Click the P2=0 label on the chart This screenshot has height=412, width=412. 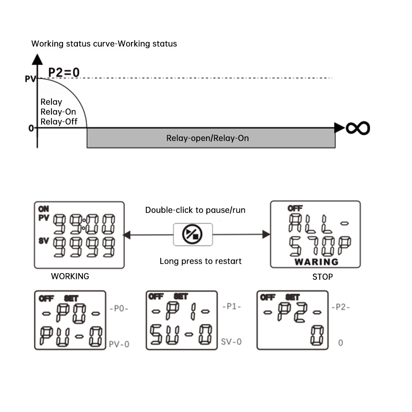pyautogui.click(x=64, y=72)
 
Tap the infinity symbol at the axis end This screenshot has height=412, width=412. pyautogui.click(x=358, y=128)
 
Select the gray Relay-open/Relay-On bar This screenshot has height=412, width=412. pyautogui.click(x=211, y=138)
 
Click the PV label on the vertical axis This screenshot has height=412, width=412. pyautogui.click(x=30, y=78)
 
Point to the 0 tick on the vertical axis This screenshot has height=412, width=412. pyautogui.click(x=31, y=128)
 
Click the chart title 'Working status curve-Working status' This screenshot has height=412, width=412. pyautogui.click(x=104, y=44)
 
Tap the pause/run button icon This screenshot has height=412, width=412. pyautogui.click(x=192, y=234)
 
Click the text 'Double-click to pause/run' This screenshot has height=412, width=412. pyautogui.click(x=195, y=210)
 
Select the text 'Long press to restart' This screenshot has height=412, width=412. pyautogui.click(x=201, y=261)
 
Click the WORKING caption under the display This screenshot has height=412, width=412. pyautogui.click(x=70, y=276)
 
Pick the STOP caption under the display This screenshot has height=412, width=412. pyautogui.click(x=322, y=277)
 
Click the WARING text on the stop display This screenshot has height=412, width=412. pyautogui.click(x=316, y=262)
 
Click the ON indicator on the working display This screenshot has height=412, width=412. pyautogui.click(x=43, y=209)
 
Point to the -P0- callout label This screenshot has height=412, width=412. pyautogui.click(x=120, y=308)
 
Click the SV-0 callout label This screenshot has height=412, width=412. pyautogui.click(x=231, y=341)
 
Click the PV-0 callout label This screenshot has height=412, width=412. pyautogui.click(x=119, y=344)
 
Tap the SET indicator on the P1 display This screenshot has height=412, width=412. pyautogui.click(x=181, y=296)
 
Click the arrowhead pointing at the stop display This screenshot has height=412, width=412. pyautogui.click(x=266, y=234)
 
